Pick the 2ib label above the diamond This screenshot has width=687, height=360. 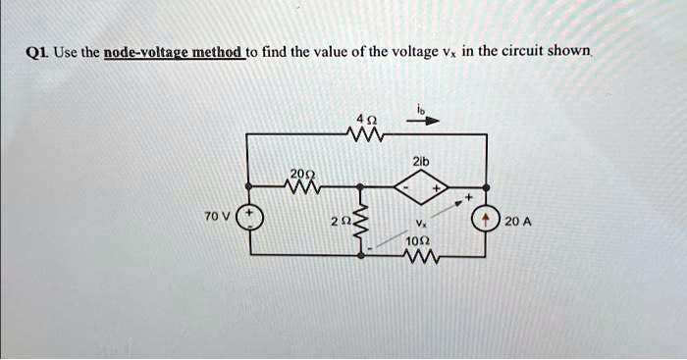click(424, 159)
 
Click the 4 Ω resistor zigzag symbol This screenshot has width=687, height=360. click(360, 132)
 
